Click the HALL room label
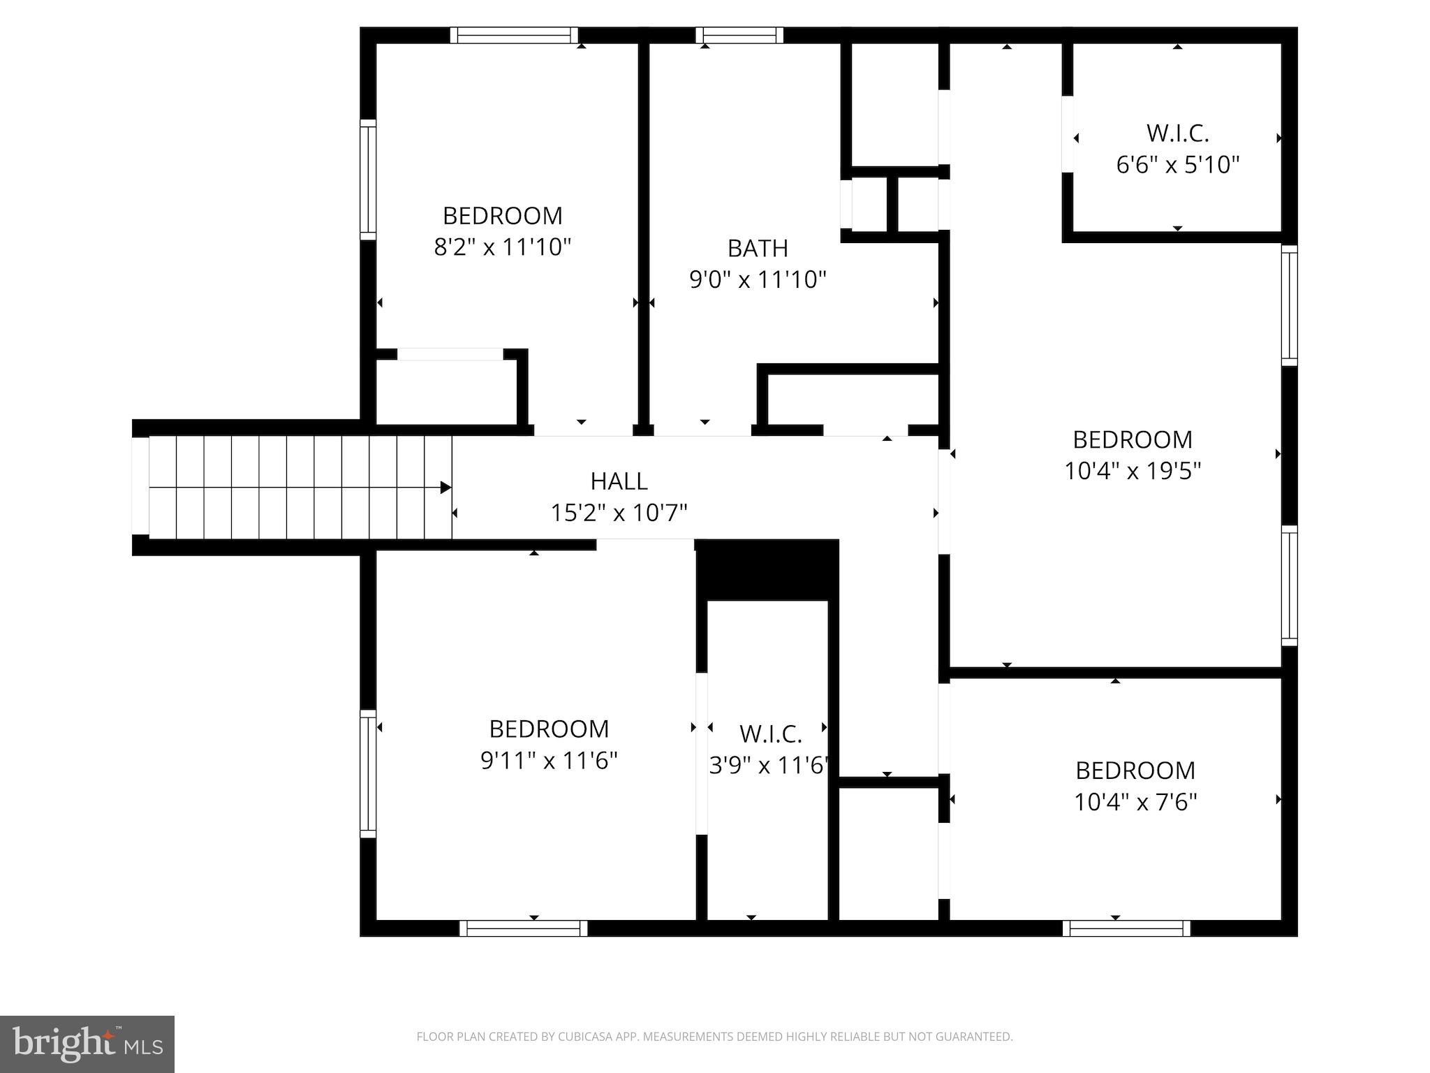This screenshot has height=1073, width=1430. [619, 481]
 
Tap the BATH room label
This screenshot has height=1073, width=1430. [758, 248]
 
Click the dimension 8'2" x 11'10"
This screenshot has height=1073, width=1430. [502, 247]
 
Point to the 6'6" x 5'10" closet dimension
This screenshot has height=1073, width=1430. [1177, 165]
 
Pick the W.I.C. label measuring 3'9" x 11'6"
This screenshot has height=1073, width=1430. [770, 734]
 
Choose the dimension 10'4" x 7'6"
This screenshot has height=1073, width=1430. [1135, 802]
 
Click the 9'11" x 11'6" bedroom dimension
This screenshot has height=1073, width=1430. [549, 761]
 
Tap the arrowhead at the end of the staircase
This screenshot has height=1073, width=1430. [445, 488]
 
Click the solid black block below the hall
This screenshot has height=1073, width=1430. [767, 569]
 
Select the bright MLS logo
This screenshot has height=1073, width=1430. [87, 1044]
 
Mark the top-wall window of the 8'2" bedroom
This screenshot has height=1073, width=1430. [514, 35]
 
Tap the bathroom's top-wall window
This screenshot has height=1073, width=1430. [739, 35]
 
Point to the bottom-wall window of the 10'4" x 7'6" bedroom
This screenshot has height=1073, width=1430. [1126, 928]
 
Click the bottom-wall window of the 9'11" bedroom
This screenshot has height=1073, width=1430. [524, 928]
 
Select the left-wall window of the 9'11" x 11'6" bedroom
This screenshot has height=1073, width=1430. [368, 773]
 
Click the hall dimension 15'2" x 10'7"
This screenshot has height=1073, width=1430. [619, 513]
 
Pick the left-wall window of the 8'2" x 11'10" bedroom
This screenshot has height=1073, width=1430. [368, 180]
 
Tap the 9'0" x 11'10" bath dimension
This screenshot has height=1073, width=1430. [758, 280]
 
